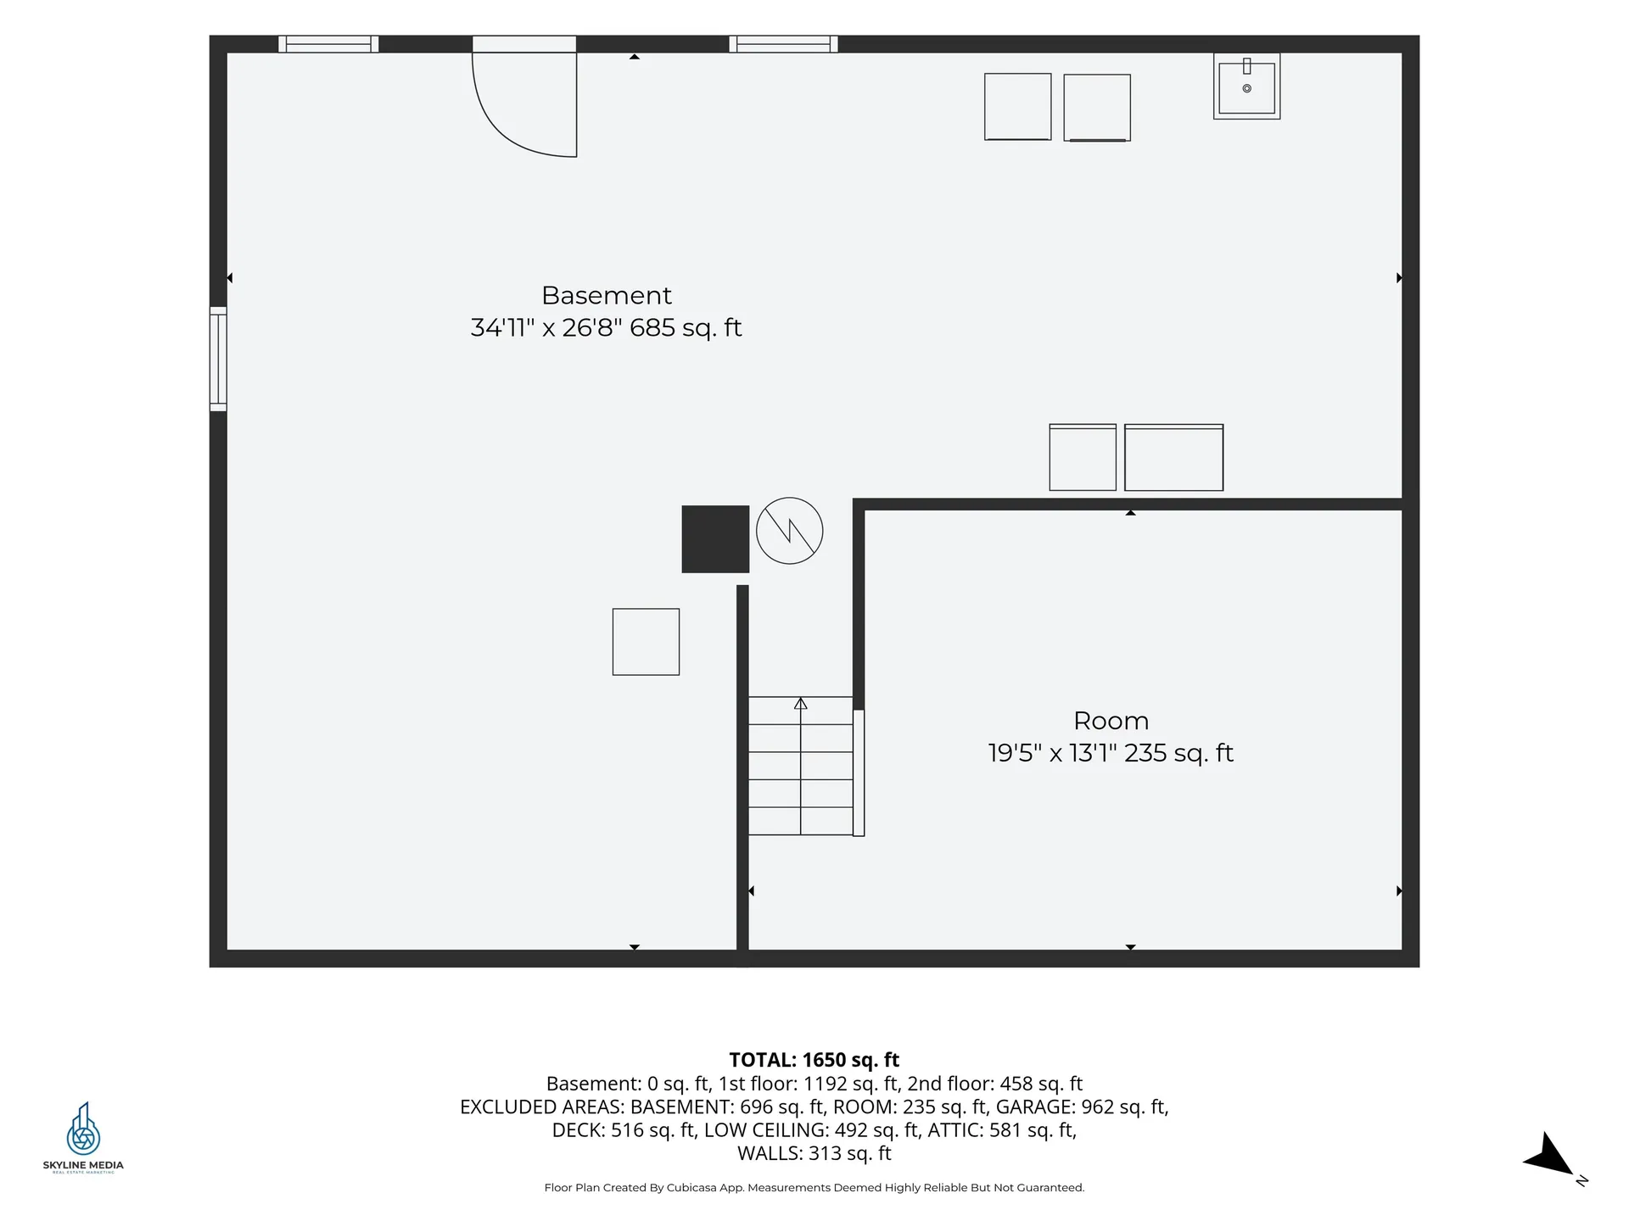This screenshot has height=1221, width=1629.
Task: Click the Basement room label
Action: (x=606, y=295)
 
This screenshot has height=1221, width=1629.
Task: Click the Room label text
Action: (x=1111, y=721)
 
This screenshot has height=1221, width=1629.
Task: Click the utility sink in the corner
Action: (x=1246, y=86)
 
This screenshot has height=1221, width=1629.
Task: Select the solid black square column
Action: (x=715, y=539)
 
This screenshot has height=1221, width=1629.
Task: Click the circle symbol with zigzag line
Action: (x=789, y=531)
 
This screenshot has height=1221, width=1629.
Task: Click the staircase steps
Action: (x=800, y=766)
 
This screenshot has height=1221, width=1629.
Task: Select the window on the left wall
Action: (x=218, y=359)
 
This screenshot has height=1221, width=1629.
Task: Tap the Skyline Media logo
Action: (x=83, y=1136)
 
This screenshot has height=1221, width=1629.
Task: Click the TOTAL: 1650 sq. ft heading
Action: (x=814, y=1060)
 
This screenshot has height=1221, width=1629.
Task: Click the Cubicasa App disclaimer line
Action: (x=814, y=1188)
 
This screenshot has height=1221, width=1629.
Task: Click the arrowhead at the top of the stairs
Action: (x=800, y=703)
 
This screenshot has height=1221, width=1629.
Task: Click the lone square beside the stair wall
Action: (x=646, y=642)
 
